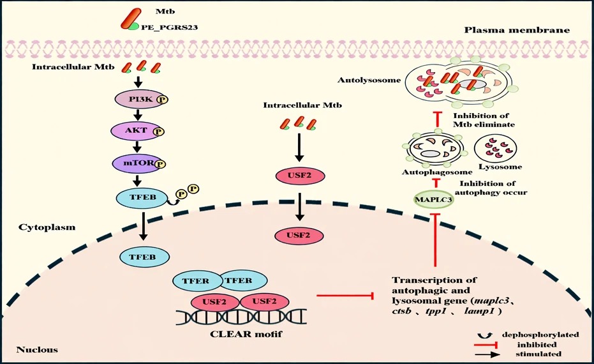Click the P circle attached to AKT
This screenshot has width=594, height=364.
click(159, 132)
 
